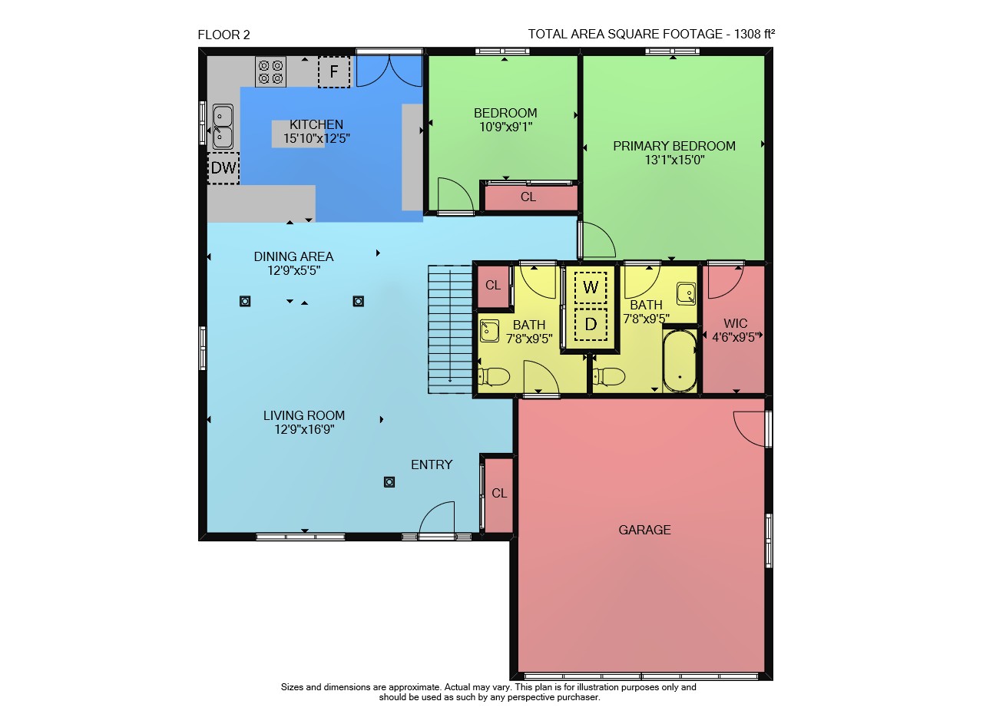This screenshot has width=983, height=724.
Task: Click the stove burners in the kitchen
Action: [x=270, y=72]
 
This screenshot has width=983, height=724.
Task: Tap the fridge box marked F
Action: [x=334, y=71]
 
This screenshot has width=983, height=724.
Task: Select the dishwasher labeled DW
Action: [x=223, y=168]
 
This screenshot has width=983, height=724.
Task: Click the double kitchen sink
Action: [x=223, y=127]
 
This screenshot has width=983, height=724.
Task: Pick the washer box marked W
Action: [x=591, y=287]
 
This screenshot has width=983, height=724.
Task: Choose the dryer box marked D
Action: [x=591, y=325]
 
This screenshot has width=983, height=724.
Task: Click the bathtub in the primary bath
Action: [x=680, y=361]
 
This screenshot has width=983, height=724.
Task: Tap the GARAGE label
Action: [x=644, y=530]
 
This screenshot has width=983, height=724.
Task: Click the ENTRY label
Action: [x=432, y=464]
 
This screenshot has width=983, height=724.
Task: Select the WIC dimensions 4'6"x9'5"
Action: [x=736, y=337]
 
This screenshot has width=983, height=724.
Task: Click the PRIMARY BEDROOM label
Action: [x=674, y=146]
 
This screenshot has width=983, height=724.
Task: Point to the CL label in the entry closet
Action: [x=499, y=493]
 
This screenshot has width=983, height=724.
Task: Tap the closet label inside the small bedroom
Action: [x=528, y=197]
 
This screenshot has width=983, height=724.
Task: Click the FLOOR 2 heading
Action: [x=223, y=35]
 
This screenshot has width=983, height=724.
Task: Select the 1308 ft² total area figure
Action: [x=754, y=34]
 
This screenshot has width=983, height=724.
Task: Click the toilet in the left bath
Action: [x=494, y=376]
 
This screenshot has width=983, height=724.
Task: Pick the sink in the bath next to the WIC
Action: [x=686, y=294]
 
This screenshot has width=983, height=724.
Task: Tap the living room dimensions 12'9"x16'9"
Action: [x=305, y=429]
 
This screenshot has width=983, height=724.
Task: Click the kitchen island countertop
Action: [x=299, y=134]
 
